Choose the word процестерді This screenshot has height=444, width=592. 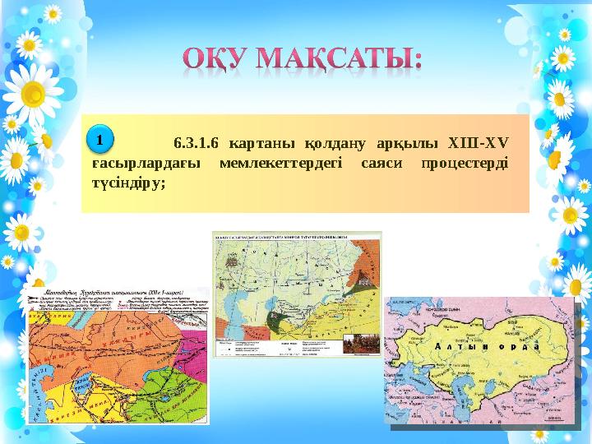tap(465, 162)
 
